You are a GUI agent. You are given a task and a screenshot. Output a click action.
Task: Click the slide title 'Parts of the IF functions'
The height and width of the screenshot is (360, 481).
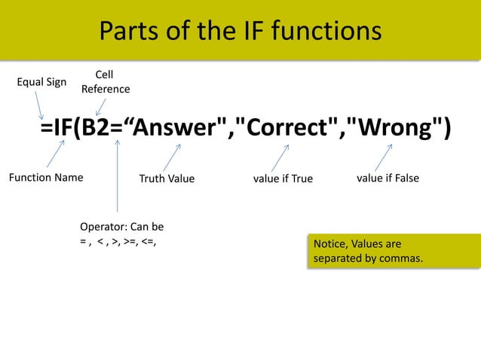(x=240, y=31)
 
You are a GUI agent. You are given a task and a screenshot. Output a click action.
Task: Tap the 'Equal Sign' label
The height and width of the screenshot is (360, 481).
(x=41, y=81)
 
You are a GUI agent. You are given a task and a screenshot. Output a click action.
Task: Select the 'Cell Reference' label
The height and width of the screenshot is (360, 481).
(x=105, y=82)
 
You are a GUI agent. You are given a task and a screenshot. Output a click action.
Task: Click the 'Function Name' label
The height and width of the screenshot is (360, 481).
(x=45, y=178)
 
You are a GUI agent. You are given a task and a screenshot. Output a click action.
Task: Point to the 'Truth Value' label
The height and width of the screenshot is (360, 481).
(x=167, y=178)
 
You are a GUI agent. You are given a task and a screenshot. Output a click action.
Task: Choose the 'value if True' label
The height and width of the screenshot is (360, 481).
(x=283, y=178)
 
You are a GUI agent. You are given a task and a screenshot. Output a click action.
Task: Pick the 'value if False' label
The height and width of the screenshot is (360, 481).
(x=388, y=178)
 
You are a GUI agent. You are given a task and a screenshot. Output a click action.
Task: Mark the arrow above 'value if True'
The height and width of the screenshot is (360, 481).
(x=280, y=157)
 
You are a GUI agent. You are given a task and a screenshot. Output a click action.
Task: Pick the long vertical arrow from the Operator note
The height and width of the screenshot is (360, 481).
(x=118, y=177)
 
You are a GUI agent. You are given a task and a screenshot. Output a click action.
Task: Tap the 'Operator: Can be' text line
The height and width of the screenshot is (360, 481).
(x=121, y=226)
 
